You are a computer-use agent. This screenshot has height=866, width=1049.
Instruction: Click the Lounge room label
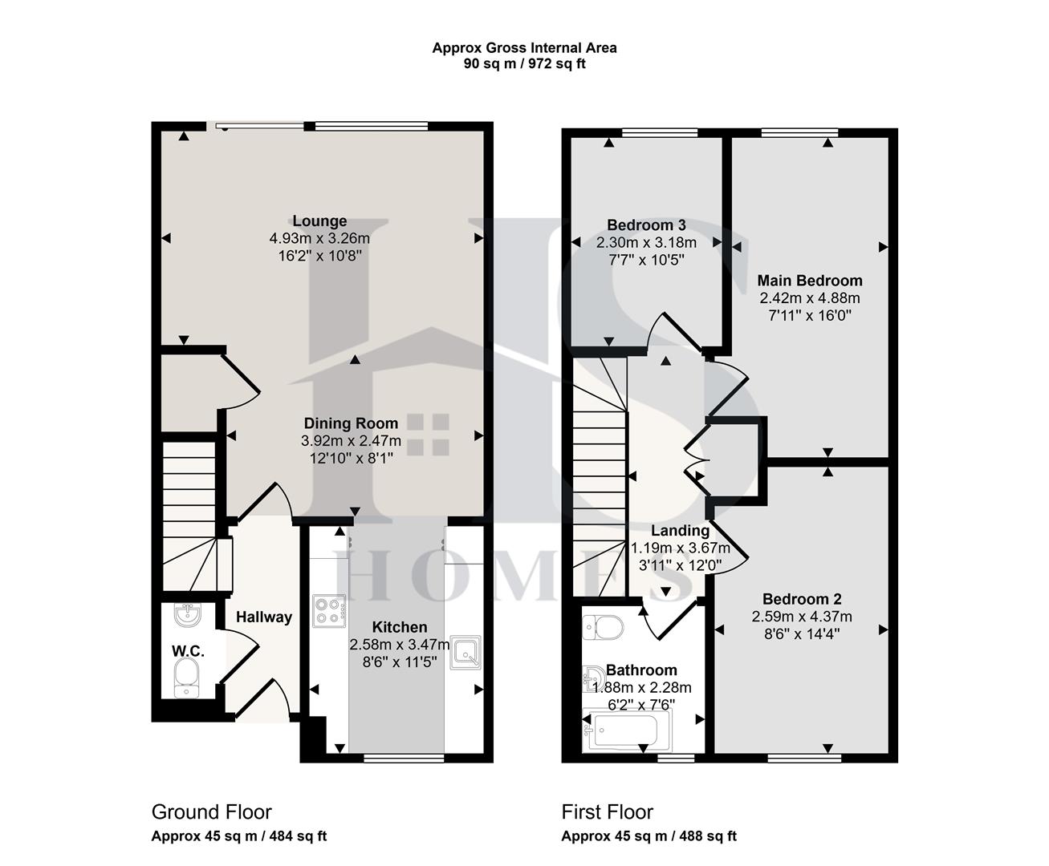tap(319, 221)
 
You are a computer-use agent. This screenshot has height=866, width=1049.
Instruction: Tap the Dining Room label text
tap(351, 423)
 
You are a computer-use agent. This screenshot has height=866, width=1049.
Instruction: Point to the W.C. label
tap(188, 651)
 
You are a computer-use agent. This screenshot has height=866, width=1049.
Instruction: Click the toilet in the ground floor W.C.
tap(187, 680)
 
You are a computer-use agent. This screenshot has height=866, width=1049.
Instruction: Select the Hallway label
tap(264, 617)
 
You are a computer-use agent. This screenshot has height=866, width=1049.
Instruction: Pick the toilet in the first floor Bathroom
tap(603, 626)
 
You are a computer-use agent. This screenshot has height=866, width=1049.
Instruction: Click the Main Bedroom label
tap(810, 281)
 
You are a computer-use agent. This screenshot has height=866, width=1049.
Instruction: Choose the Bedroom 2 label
tap(802, 599)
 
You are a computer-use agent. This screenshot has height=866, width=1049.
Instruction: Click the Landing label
tap(680, 531)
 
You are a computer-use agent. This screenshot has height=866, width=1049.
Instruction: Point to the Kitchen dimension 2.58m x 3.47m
tap(399, 645)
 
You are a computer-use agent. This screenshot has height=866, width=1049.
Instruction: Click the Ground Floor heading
tap(212, 811)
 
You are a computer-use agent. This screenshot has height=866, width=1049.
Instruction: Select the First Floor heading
tap(608, 811)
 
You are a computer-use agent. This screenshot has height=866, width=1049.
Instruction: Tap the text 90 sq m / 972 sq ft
tap(524, 64)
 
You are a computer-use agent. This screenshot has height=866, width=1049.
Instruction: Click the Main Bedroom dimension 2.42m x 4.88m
tap(810, 298)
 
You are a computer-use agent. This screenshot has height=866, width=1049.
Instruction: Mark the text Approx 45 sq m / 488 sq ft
tap(649, 836)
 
